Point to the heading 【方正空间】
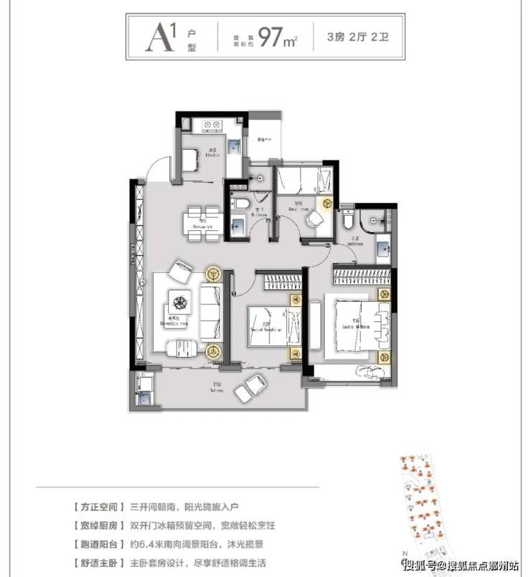(98, 506)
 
